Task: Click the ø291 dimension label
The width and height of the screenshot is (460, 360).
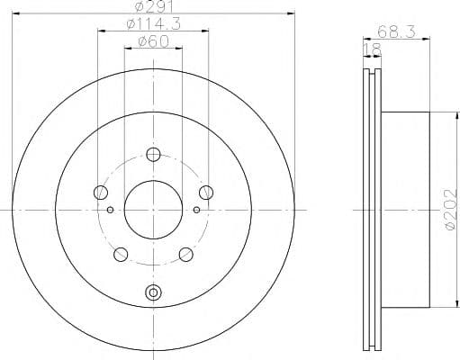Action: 154,6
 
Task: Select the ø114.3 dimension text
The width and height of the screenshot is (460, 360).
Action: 154,24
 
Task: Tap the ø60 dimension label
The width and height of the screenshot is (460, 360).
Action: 153,41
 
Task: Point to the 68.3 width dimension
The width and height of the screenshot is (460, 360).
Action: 396,31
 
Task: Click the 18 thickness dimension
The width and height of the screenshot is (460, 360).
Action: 373,49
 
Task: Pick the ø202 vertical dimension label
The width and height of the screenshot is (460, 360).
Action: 453,210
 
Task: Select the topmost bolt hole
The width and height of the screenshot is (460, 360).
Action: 153,155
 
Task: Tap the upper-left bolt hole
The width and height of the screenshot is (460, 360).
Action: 101,193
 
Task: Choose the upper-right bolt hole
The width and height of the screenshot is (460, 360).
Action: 206,193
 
